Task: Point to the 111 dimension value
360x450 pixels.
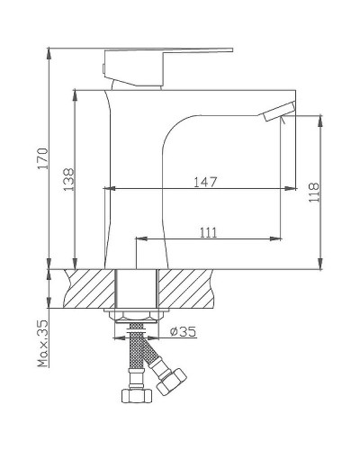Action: pos(207,231)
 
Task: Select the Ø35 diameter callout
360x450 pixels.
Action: pos(184,331)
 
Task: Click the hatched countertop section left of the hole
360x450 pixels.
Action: pos(85,288)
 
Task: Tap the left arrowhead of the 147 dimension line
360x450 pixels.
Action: pos(110,189)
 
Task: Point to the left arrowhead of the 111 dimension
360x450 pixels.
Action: pos(139,238)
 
